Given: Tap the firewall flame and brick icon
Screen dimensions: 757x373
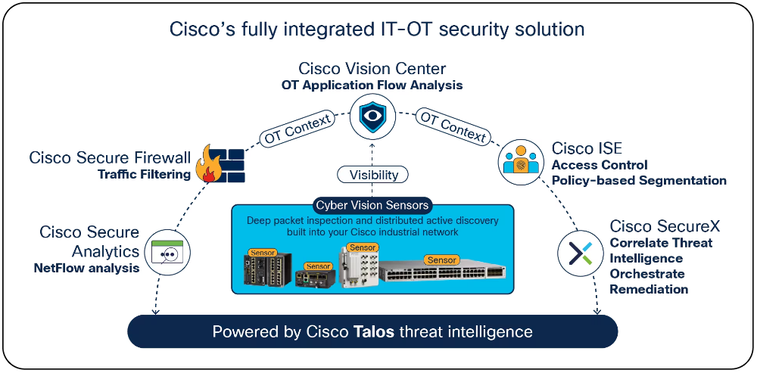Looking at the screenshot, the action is coord(220,163).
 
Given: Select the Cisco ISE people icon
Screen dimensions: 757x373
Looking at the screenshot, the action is coord(521,161).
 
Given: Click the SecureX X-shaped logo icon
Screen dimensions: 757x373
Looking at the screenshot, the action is coord(581,252).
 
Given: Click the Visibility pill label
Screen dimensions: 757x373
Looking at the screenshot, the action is coord(372,175).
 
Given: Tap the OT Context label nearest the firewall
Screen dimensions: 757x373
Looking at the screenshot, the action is coord(298,129).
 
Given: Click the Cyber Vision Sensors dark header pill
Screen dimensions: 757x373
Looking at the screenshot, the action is coord(372,206).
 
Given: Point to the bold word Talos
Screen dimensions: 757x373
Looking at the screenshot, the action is coord(373,332).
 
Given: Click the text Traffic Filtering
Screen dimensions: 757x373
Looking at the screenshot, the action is coord(145,174).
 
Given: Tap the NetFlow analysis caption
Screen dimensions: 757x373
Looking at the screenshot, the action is coord(86,268).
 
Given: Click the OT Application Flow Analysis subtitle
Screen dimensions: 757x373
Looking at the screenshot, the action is coord(372,85).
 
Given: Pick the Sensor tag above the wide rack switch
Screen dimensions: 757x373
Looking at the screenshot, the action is coord(442,260).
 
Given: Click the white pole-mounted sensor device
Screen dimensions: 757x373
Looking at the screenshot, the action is coord(358,267).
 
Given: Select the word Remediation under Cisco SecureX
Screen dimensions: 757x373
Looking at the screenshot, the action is coord(649,289).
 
